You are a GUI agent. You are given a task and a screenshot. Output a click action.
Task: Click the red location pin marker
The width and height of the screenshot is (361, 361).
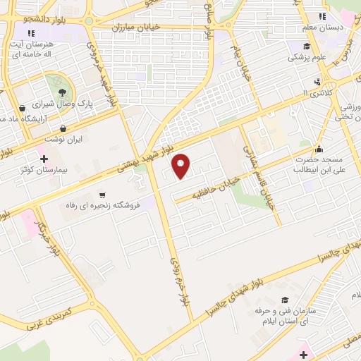click(182, 165)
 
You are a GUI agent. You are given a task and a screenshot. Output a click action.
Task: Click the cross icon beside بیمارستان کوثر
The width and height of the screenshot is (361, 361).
click(44, 159)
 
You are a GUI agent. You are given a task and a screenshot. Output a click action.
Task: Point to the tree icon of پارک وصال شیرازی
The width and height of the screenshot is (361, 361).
click(63, 92)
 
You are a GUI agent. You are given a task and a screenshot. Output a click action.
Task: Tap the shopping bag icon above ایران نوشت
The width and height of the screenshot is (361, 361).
click(64, 128)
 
